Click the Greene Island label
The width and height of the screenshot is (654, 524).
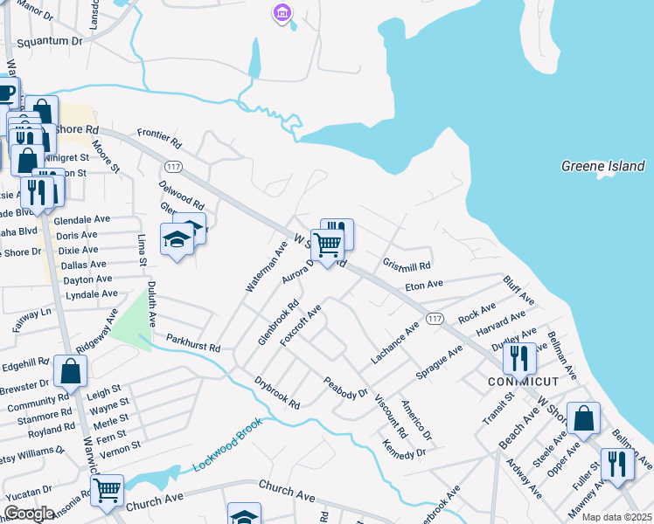pyautogui.click(x=602, y=166)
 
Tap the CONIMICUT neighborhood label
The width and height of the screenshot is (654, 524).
pyautogui.click(x=523, y=383)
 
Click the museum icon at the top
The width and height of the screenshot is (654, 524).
pyautogui.click(x=282, y=12)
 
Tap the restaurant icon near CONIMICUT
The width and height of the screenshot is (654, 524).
pyautogui.click(x=519, y=357)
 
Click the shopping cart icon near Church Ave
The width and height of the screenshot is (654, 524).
pyautogui.click(x=107, y=490)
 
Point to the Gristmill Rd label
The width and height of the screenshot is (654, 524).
pyautogui.click(x=407, y=265)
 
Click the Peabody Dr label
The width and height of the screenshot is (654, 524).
pyautogui.click(x=345, y=387)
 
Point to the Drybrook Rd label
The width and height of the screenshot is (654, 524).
pyautogui.click(x=277, y=394)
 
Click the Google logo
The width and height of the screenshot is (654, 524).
pyautogui.click(x=29, y=513)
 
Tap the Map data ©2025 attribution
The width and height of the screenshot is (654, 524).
pyautogui.click(x=616, y=517)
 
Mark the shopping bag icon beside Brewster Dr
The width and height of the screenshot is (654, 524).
pyautogui.click(x=70, y=370)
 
